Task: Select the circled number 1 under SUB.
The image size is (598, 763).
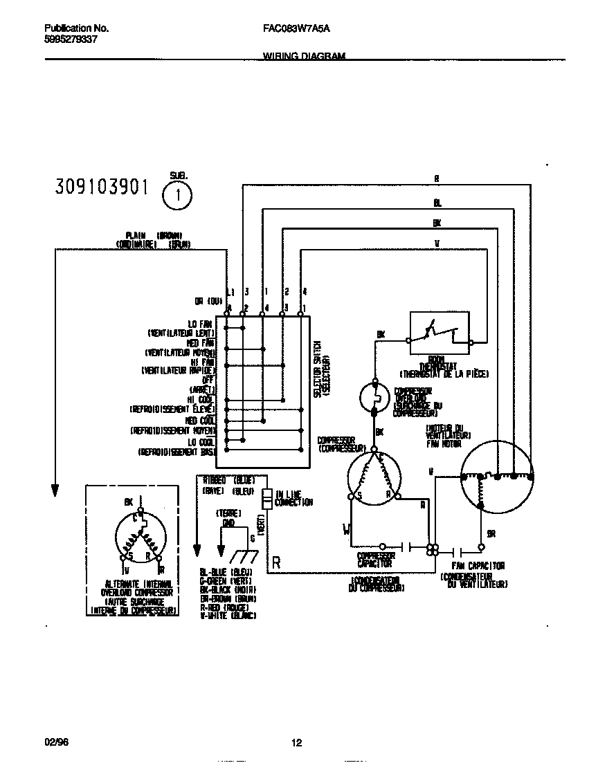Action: click(x=179, y=196)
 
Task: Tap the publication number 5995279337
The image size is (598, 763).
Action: click(x=71, y=39)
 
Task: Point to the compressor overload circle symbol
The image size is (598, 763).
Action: click(x=375, y=396)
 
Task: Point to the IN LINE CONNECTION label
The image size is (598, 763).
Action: click(x=294, y=498)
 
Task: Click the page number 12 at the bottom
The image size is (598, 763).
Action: click(x=297, y=744)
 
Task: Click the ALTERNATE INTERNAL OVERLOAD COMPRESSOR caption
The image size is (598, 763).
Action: click(x=129, y=594)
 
